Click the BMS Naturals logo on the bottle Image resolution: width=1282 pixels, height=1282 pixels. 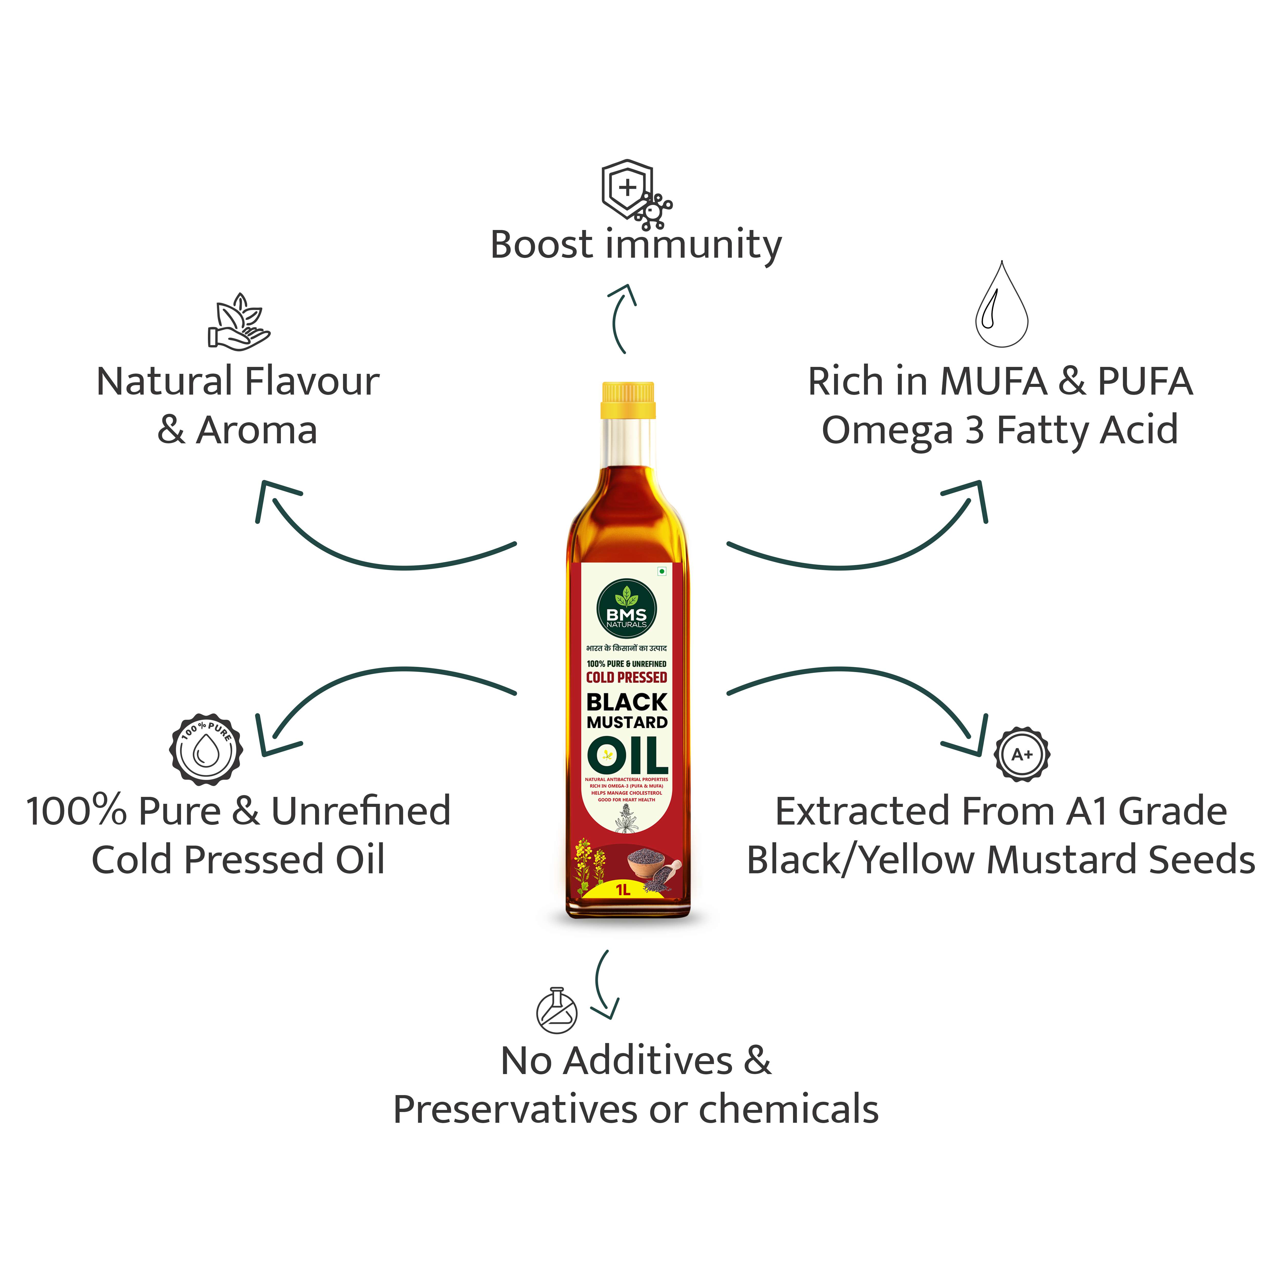click(x=626, y=609)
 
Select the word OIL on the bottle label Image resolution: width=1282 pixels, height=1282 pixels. click(x=627, y=755)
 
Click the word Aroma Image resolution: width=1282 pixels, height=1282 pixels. click(x=257, y=431)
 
